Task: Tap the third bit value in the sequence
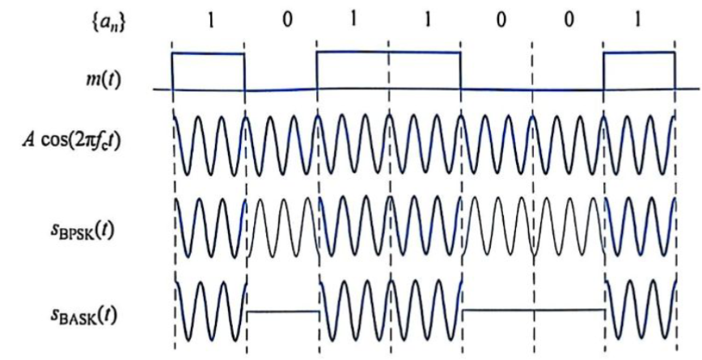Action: pyautogui.click(x=353, y=20)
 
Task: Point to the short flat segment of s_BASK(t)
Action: pyautogui.click(x=282, y=310)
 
